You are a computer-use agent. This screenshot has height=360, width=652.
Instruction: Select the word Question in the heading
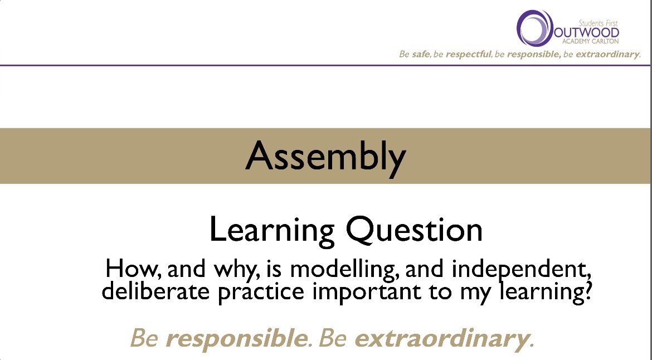tap(414, 230)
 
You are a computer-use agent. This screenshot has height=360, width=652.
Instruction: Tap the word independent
tap(521, 270)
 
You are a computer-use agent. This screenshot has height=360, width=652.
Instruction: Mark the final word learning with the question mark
tap(549, 292)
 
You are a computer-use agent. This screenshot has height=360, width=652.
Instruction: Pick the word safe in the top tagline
tap(421, 55)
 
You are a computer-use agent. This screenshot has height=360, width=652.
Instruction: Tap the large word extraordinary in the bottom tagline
tap(441, 338)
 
